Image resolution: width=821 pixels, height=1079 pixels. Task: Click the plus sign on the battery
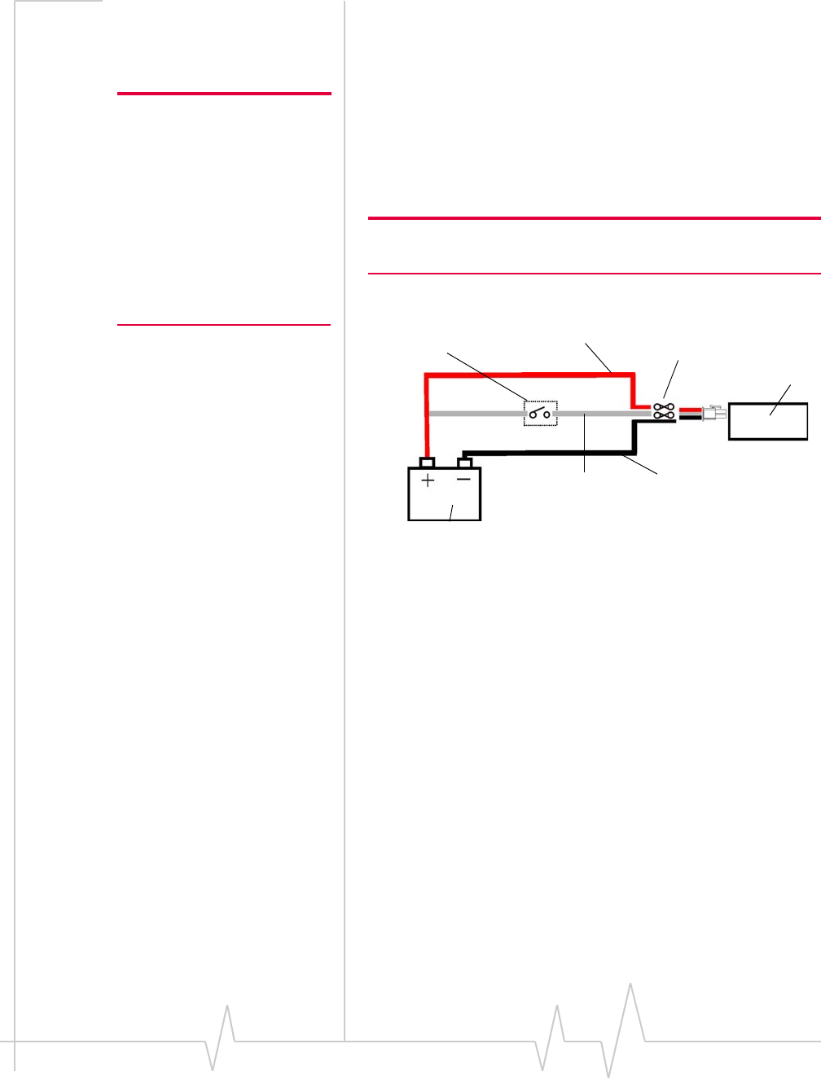[428, 480]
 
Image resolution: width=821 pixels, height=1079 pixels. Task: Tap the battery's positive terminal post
[427, 463]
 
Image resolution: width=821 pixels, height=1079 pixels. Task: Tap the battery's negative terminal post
[465, 463]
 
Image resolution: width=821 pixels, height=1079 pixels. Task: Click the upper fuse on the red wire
[663, 406]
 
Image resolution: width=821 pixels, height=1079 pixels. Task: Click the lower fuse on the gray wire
[663, 414]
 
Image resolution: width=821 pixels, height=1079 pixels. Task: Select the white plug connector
[714, 413]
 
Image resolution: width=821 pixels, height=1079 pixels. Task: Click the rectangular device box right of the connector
[768, 421]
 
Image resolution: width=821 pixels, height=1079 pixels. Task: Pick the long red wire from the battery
[529, 375]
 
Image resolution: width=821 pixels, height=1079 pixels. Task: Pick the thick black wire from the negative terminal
[546, 454]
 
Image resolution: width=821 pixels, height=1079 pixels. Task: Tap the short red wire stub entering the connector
[689, 410]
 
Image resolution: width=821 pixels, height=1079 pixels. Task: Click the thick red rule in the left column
[224, 94]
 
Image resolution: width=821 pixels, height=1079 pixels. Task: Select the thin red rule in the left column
[224, 325]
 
